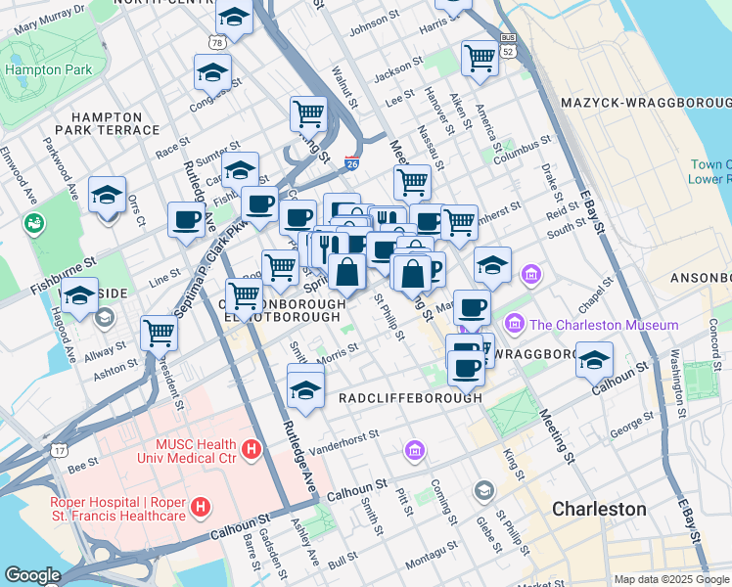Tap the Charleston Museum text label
click(605, 325)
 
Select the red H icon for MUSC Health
click(252, 449)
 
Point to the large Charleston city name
click(599, 510)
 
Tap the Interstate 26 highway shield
click(351, 165)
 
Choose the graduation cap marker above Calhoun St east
click(594, 360)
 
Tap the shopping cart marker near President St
click(159, 332)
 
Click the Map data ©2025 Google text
click(671, 578)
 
